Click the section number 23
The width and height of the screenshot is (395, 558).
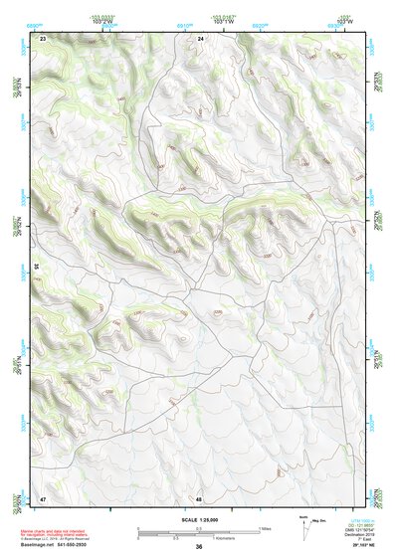coord(43,38)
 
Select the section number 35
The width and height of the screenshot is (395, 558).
coord(36,267)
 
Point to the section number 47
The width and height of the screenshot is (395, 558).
coord(43,497)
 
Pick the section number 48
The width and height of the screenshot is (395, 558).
coord(199,497)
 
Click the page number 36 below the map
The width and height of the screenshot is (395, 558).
coord(199,547)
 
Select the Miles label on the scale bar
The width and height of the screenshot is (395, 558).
coord(264,527)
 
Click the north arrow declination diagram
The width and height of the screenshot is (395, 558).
coord(303,523)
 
